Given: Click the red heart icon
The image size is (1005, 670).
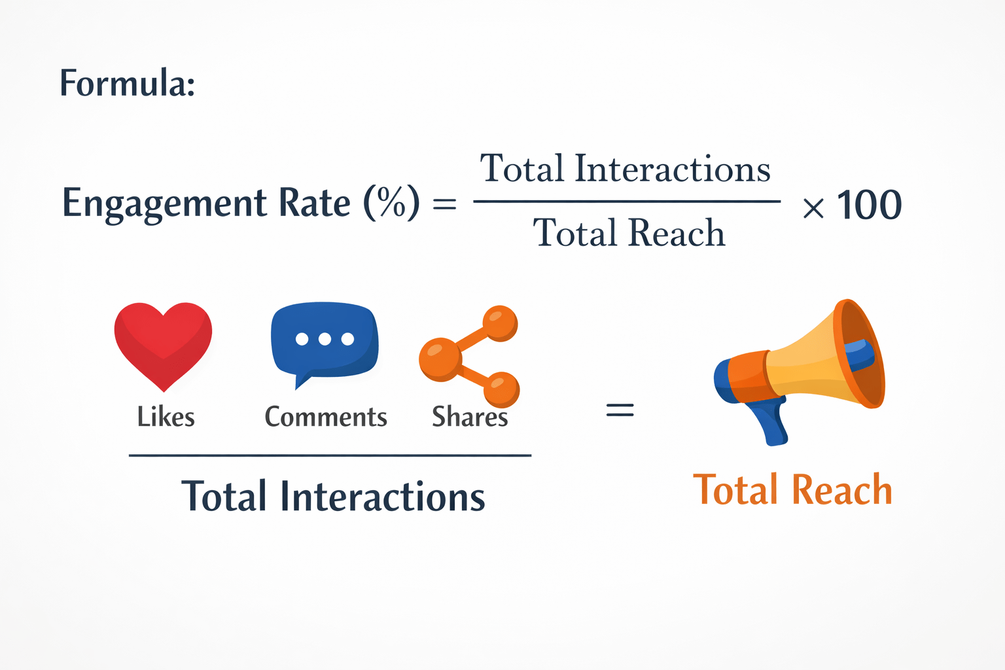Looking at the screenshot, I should (163, 344).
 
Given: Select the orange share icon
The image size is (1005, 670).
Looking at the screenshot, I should (468, 356).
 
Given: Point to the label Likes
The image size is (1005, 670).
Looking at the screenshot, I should (166, 417).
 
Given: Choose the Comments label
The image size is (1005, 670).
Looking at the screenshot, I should (326, 417).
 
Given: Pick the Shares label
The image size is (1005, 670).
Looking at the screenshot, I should (470, 417).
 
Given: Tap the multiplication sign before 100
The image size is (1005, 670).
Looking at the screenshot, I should (813, 208).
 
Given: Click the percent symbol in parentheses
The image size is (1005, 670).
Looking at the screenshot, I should (391, 202).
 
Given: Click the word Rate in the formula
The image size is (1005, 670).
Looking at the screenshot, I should (315, 202).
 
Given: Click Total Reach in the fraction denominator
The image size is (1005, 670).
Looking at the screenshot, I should (629, 233).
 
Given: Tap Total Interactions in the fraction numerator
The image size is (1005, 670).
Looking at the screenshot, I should (626, 169).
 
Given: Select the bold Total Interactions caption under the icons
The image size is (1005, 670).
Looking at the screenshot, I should (333, 496).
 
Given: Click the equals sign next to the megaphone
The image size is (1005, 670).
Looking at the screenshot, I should (620, 410).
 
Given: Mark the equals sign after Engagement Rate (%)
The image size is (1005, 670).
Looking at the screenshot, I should (445, 205).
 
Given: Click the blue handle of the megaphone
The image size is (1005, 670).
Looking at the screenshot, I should (772, 422).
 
